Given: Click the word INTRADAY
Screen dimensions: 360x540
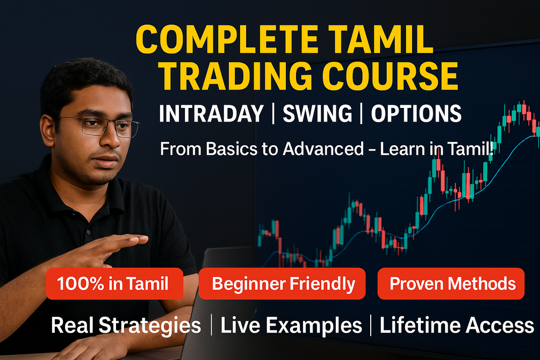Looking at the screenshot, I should click(211, 114).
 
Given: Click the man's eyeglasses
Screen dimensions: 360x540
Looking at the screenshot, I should click(99, 127).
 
